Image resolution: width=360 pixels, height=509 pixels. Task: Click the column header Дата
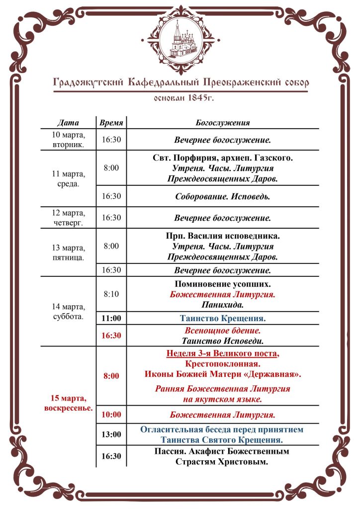click(x=68, y=122)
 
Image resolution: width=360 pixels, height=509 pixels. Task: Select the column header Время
click(x=111, y=122)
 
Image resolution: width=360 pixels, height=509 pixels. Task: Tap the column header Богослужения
click(x=223, y=122)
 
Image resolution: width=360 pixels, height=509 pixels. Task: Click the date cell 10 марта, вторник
click(x=68, y=140)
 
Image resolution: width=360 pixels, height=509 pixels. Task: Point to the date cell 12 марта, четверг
click(x=68, y=218)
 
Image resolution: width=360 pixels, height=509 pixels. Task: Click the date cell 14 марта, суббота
click(x=68, y=311)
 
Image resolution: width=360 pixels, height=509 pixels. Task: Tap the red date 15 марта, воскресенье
click(x=68, y=403)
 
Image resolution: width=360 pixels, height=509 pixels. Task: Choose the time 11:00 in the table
click(x=111, y=318)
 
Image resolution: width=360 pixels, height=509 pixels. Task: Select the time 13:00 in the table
click(x=111, y=434)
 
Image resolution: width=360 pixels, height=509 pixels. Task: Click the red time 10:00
click(x=111, y=414)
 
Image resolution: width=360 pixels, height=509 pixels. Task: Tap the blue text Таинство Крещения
click(x=223, y=318)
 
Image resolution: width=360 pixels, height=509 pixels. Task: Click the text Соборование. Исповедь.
click(x=223, y=196)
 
